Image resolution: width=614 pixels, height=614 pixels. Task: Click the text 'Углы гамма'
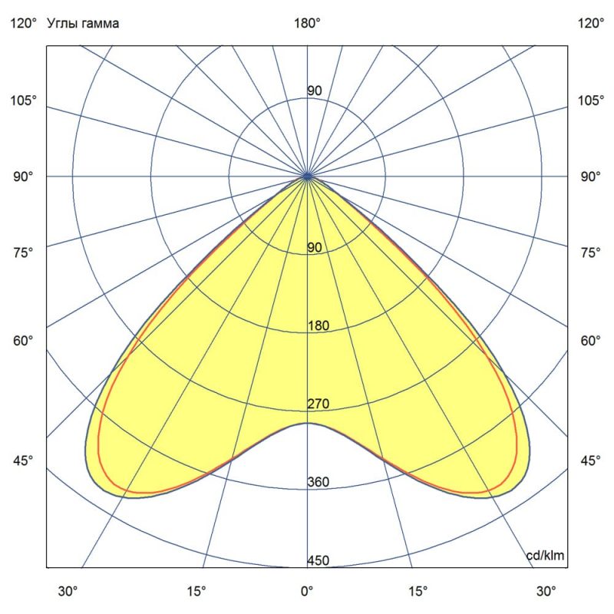coord(83,24)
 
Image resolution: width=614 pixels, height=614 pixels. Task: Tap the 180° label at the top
coord(308,24)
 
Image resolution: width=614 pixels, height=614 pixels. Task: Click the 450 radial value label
coord(319,561)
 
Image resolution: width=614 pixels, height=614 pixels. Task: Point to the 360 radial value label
coord(319,482)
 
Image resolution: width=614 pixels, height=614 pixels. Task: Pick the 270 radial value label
coord(319,404)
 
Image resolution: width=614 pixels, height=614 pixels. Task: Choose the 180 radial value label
coord(319,325)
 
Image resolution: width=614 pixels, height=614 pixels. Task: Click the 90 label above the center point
coord(315,91)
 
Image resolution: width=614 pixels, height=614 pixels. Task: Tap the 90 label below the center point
coord(315,247)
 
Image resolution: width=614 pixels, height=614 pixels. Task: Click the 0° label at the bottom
coord(307,592)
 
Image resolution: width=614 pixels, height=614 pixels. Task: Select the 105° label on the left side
coord(22,101)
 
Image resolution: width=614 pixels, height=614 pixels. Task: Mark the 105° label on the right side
coord(591,101)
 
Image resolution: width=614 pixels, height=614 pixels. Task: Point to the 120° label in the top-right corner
coord(591,24)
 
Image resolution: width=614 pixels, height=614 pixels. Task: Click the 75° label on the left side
coord(22,253)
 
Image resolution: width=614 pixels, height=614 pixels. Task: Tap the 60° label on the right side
coord(591,341)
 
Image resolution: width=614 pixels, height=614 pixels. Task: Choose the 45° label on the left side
coord(22,460)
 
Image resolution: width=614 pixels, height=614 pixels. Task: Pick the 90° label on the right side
coord(591,177)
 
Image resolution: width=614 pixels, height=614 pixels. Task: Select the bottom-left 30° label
coord(68,592)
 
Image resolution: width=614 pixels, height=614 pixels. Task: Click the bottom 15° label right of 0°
coord(418,592)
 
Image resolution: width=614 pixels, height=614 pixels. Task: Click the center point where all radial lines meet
coord(308,177)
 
